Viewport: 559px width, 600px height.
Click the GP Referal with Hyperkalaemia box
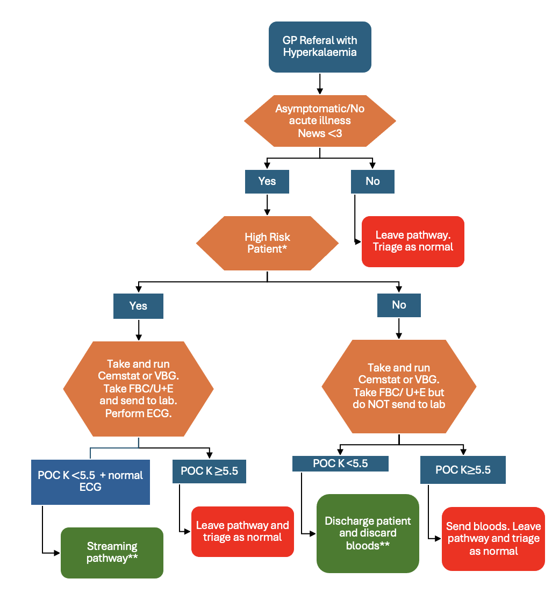(x=320, y=47)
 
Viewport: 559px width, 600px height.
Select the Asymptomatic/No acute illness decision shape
(x=320, y=120)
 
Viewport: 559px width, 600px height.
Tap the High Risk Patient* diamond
(x=267, y=243)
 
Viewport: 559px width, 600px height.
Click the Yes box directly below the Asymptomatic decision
(x=267, y=181)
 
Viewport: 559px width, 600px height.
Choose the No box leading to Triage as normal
(x=372, y=181)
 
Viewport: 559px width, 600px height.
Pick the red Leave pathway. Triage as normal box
(x=413, y=241)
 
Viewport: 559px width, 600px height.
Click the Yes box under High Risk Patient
(x=138, y=306)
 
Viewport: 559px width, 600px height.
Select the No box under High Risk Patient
(x=399, y=305)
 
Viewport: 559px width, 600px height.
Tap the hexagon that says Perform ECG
(x=139, y=389)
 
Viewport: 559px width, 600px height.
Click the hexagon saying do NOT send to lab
(x=399, y=386)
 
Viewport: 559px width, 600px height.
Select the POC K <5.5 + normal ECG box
(x=90, y=482)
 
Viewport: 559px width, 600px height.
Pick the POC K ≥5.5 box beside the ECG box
(x=209, y=471)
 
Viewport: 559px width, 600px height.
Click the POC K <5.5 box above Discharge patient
(x=340, y=463)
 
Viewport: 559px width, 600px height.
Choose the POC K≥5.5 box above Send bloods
(x=463, y=470)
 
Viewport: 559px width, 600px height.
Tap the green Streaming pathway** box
(x=112, y=553)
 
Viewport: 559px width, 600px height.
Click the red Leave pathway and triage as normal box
(x=242, y=531)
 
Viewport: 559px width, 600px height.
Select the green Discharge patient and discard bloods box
(x=368, y=533)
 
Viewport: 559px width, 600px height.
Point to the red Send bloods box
(x=493, y=539)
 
